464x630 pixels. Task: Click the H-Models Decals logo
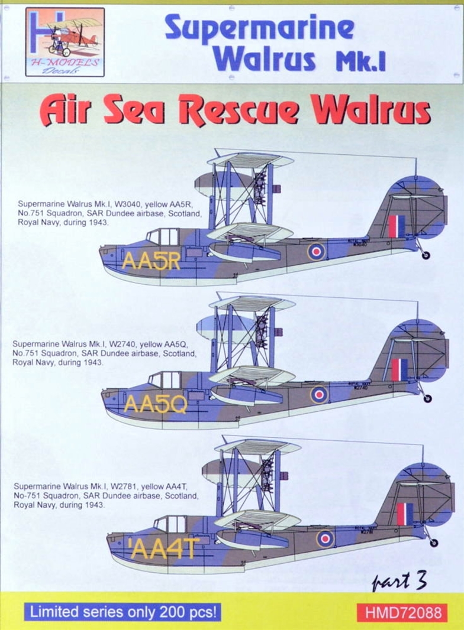click(x=65, y=42)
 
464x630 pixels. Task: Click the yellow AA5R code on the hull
click(x=150, y=261)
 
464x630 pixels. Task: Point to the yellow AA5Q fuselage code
click(x=155, y=404)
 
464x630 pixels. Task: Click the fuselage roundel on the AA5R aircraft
click(x=316, y=252)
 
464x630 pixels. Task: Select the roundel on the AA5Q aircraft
click(x=319, y=395)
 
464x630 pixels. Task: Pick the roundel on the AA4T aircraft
click(x=325, y=538)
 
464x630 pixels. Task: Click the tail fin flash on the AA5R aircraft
click(x=397, y=226)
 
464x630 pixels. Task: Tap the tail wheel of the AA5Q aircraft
click(x=427, y=398)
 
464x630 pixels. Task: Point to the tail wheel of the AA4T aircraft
click(x=433, y=542)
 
